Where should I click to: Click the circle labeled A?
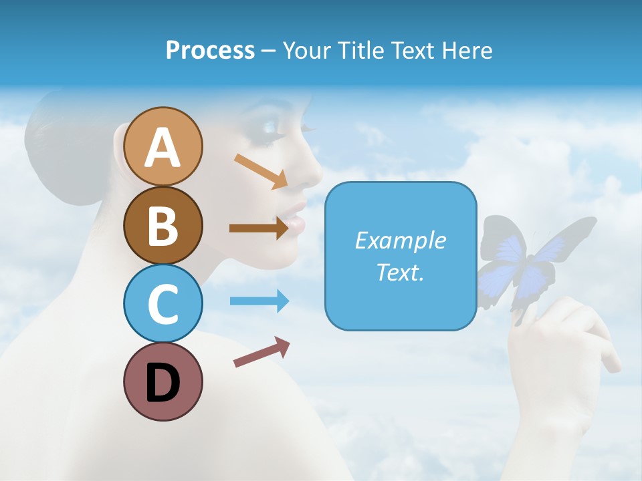[163, 146]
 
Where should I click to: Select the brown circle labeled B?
[163, 225]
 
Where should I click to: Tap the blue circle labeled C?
[163, 303]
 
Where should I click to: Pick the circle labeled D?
[163, 381]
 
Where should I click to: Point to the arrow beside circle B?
[259, 228]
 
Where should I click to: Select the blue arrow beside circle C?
[259, 301]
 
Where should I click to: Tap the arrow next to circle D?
[261, 352]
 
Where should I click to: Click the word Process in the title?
[210, 50]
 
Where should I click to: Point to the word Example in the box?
[401, 240]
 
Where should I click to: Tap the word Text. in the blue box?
[401, 272]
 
